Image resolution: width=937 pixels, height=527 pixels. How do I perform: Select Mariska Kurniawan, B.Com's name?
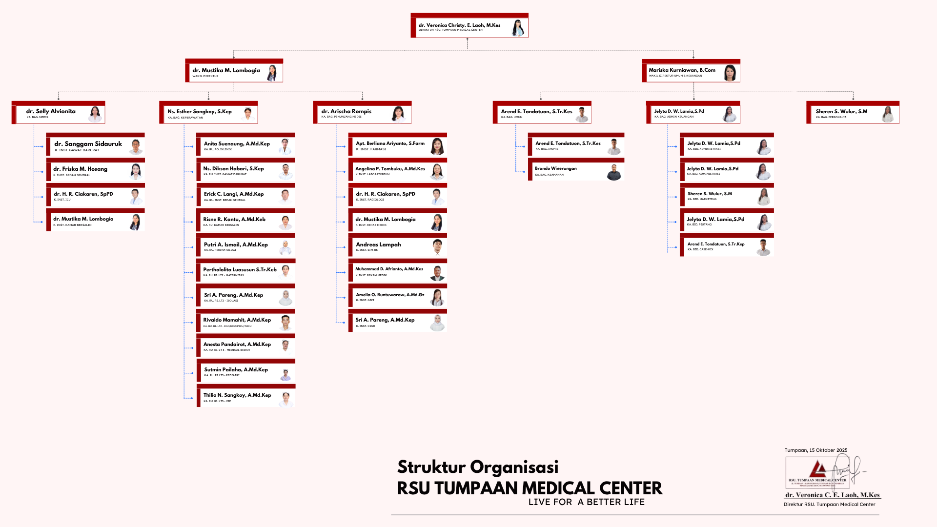point(682,70)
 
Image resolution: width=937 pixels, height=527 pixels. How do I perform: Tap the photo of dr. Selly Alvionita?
point(95,114)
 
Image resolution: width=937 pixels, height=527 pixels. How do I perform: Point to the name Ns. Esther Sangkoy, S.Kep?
point(200,112)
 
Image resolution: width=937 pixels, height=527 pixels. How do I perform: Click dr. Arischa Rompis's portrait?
point(399,114)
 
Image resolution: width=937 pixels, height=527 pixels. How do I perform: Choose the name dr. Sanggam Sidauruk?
point(88,144)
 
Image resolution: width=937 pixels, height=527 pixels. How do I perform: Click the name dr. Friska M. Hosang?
point(80,169)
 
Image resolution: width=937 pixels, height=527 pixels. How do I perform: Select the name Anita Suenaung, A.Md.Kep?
point(237,144)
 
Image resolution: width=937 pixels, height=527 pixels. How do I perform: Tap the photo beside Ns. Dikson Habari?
point(286,171)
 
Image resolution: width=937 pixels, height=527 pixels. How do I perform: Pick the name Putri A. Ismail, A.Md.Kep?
point(236,244)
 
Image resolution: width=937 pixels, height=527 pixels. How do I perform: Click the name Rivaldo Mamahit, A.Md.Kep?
point(237,320)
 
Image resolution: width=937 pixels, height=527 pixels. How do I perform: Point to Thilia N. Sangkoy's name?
point(237,395)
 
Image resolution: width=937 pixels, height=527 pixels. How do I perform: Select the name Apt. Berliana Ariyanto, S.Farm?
point(390,143)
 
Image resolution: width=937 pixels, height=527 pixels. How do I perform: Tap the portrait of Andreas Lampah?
point(437,247)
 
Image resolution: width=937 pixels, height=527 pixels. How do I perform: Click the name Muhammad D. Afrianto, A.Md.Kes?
point(389,269)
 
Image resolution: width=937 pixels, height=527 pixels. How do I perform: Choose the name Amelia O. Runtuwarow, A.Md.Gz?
point(390,295)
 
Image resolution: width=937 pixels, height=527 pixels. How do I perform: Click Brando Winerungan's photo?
point(614,172)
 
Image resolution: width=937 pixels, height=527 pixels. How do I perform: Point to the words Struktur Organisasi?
point(478,467)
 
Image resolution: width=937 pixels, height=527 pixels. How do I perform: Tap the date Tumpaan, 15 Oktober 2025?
point(816,450)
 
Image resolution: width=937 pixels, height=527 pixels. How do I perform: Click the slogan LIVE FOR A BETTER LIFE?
point(586,502)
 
